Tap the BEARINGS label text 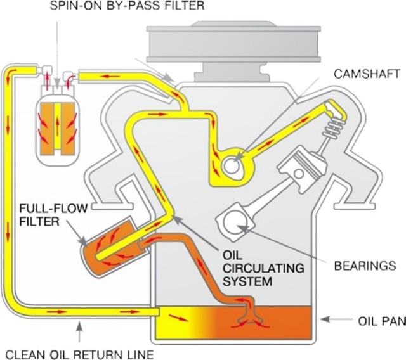point(360,264)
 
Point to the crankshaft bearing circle point(233,221)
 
